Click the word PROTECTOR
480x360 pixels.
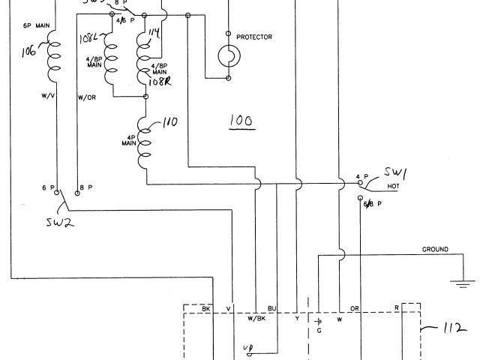(253, 37)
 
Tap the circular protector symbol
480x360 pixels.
(228, 55)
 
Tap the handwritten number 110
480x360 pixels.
(169, 121)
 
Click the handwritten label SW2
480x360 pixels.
(58, 222)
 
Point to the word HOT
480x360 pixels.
(391, 187)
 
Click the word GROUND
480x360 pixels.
(435, 249)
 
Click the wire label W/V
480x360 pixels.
(47, 96)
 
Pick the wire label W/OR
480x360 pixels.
(86, 97)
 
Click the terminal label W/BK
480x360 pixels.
(256, 317)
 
